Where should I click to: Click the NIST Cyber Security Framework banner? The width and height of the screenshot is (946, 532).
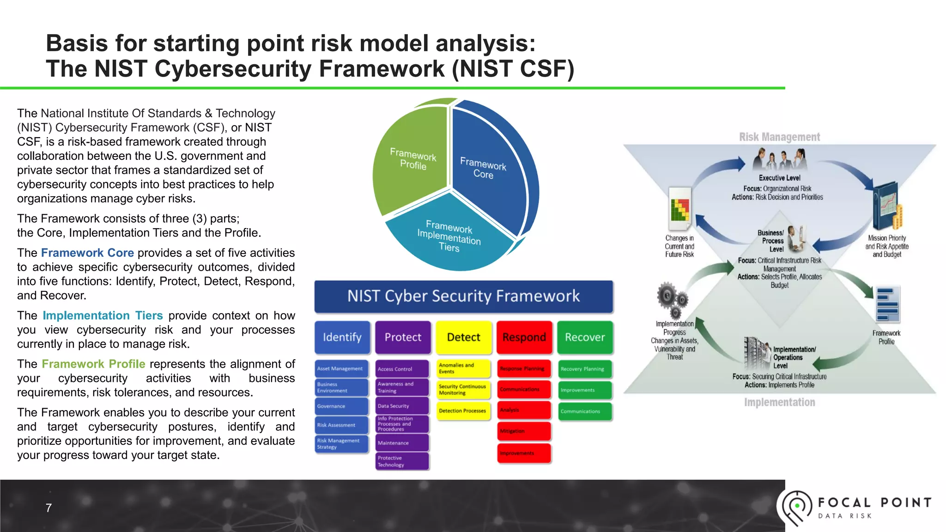coord(463,296)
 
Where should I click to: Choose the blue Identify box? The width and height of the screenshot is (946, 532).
coord(342,337)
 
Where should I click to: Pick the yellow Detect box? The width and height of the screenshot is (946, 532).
coord(463,337)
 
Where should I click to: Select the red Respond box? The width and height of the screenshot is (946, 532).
coord(524,337)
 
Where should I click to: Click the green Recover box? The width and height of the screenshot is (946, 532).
coord(585,337)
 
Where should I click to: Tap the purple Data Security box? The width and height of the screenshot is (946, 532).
coord(402,406)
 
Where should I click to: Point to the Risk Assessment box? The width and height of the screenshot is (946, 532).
coord(341,425)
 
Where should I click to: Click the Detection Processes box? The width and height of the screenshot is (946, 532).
coord(463,411)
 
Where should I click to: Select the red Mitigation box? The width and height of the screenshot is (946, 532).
coord(524,431)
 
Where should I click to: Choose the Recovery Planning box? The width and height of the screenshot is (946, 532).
coord(585,369)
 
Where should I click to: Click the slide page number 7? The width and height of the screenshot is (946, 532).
coord(49,508)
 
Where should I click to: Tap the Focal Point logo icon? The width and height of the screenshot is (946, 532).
coord(796,507)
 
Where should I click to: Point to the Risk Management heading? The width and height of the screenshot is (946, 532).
coord(779,137)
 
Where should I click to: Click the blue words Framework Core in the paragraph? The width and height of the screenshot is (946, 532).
coord(87,253)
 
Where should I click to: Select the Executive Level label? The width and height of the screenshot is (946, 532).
coord(779,178)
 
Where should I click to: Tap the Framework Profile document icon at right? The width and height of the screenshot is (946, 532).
coord(887,305)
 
